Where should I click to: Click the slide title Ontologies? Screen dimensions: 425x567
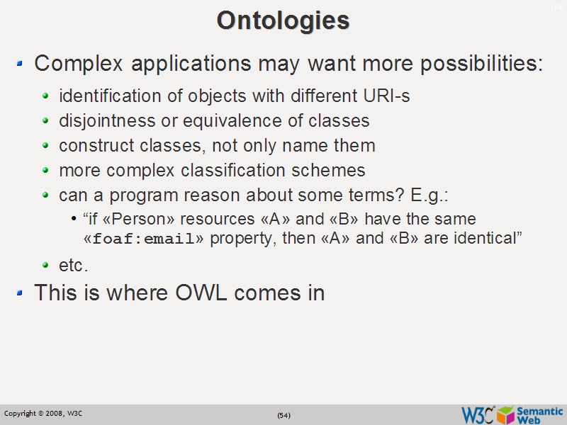[x=283, y=20]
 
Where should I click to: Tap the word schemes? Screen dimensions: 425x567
[x=333, y=171]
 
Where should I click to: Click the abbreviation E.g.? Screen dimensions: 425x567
[x=430, y=195]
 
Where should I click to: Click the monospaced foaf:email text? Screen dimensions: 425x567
[x=144, y=239]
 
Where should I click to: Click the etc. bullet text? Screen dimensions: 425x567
[x=74, y=266]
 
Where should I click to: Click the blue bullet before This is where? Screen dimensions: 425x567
[x=20, y=292]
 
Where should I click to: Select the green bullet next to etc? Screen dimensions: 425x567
[x=46, y=266]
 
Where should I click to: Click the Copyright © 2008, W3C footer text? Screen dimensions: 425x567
[x=43, y=413]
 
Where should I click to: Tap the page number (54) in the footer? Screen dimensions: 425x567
[x=283, y=415]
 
